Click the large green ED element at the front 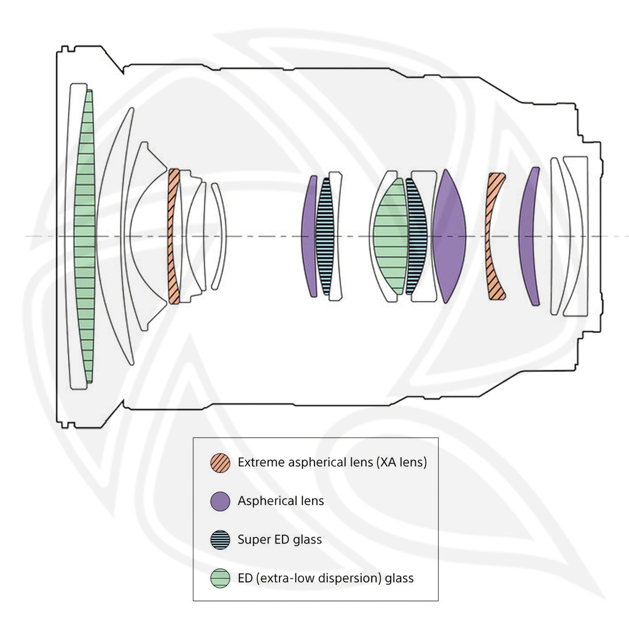click(x=85, y=236)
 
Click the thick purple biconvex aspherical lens click(x=450, y=236)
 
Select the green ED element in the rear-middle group click(x=390, y=236)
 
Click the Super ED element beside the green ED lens click(x=417, y=236)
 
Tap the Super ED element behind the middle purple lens click(x=325, y=236)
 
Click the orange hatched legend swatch click(x=221, y=463)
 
